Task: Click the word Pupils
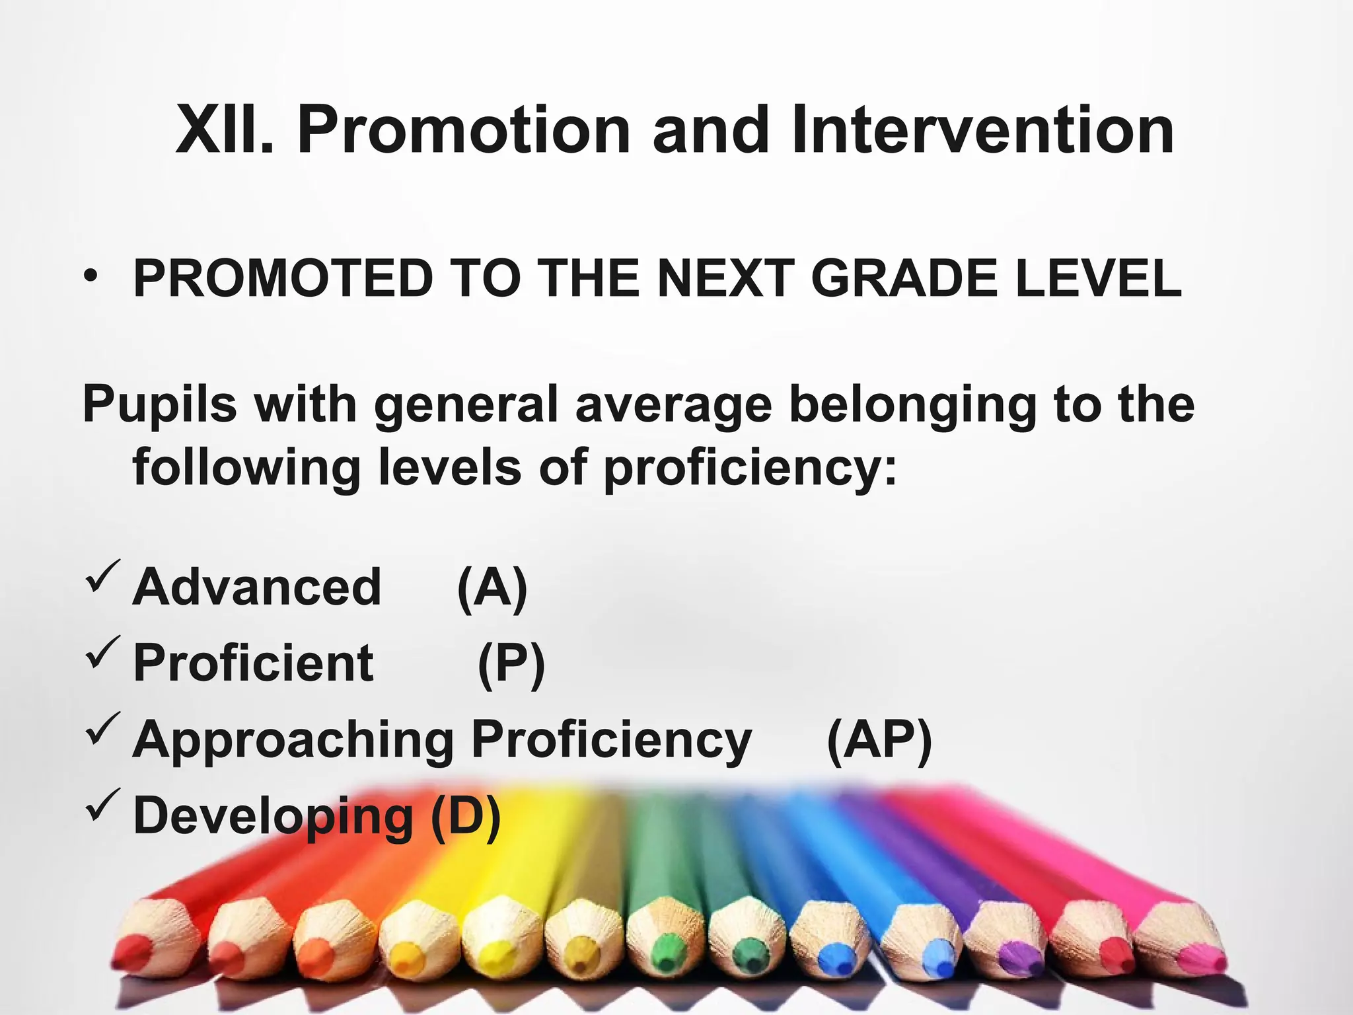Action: pyautogui.click(x=159, y=404)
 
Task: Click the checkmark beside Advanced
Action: pyautogui.click(x=102, y=576)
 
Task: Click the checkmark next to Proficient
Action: pyautogui.click(x=102, y=652)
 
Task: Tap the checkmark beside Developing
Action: pyautogui.click(x=102, y=804)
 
